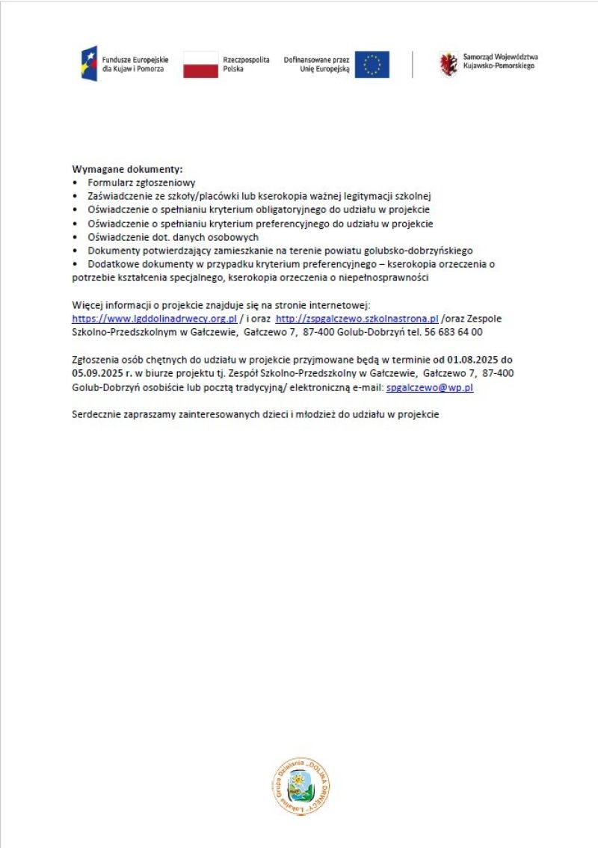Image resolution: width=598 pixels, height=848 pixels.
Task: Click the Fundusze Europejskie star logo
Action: tap(89, 64)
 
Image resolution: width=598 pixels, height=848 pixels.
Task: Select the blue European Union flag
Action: tap(372, 64)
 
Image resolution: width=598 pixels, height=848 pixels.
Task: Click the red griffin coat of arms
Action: tap(449, 64)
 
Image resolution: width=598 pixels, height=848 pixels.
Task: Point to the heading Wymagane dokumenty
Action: tap(127, 170)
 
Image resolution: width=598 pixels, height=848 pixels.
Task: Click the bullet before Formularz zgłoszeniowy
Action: tap(75, 182)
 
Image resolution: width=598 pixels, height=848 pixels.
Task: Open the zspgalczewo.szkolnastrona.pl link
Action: tap(357, 319)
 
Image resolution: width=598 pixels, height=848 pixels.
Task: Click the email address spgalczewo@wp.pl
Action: tap(430, 388)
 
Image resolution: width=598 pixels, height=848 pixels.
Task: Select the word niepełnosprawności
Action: tap(389, 278)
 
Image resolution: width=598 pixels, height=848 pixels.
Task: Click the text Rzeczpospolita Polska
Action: tap(246, 64)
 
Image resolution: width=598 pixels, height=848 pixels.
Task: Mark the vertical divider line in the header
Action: tap(412, 64)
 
